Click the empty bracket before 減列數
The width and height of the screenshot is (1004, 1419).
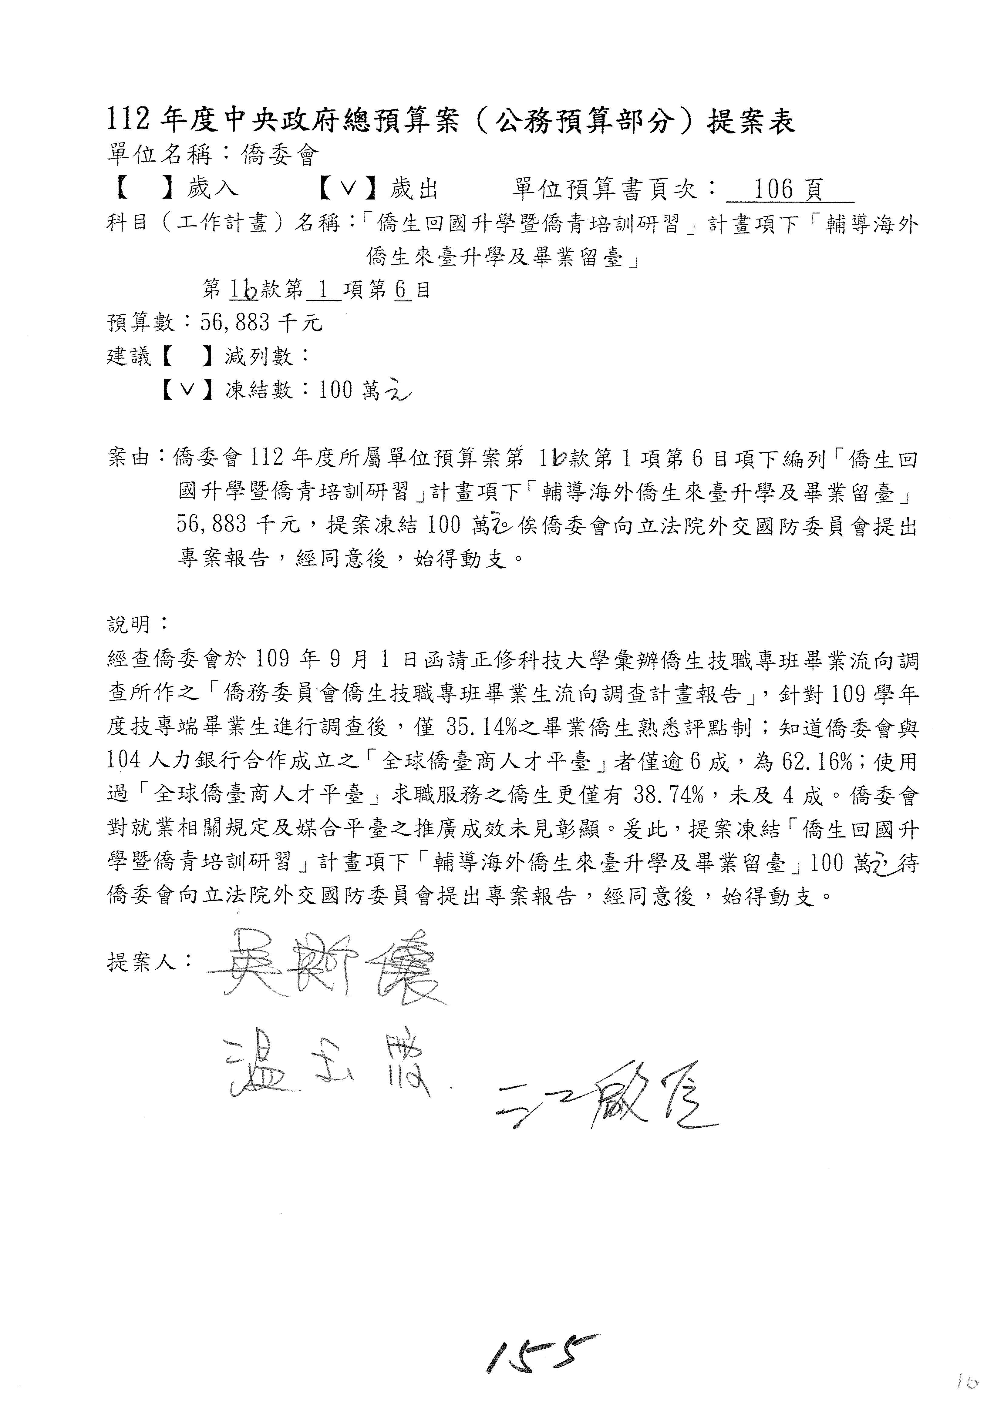coord(187,356)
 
